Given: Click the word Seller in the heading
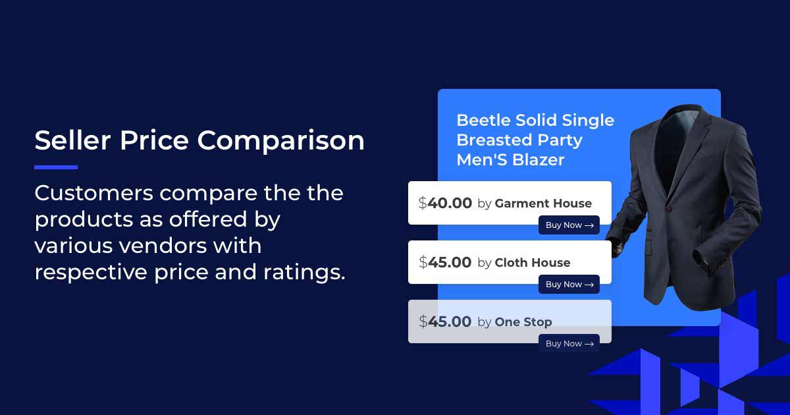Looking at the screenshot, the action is (x=72, y=140).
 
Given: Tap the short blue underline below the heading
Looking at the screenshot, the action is (x=56, y=167).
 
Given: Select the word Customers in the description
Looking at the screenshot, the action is (x=93, y=193).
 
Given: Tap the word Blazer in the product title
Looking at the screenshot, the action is (x=538, y=160).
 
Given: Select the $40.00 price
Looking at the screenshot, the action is (x=445, y=204).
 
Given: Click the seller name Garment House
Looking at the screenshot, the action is (x=543, y=204).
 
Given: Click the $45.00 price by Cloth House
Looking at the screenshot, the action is (x=445, y=263).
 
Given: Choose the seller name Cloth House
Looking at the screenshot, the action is (x=533, y=263).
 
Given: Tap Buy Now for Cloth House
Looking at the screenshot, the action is (x=569, y=285).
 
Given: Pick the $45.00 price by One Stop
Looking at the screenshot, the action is (x=445, y=322).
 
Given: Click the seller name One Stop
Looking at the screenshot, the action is (x=523, y=322).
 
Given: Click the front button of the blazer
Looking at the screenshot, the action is (x=669, y=209).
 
